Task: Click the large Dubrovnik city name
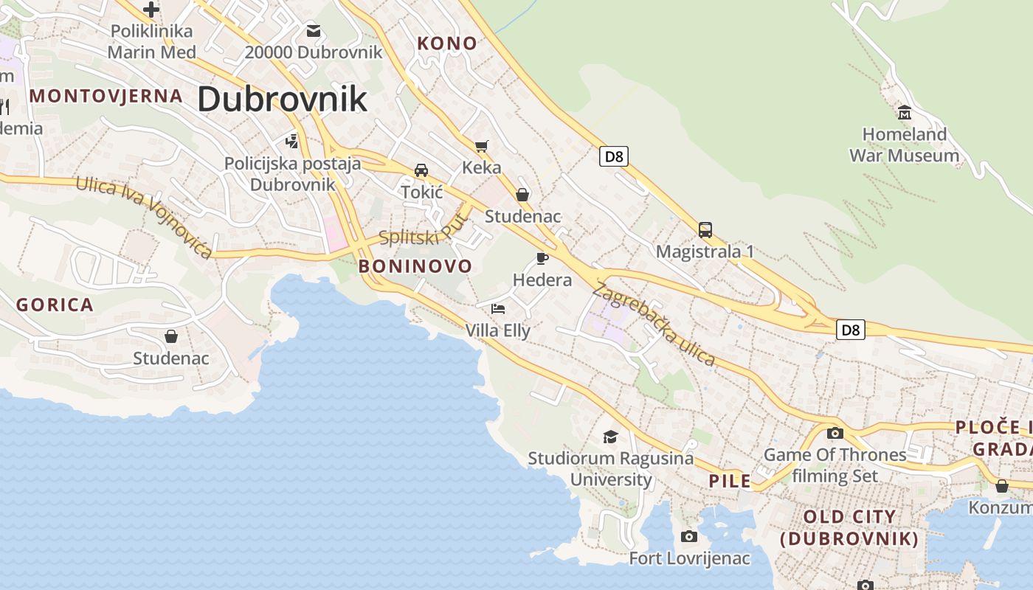point(282,99)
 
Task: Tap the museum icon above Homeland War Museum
point(905,113)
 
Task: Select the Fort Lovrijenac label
point(689,558)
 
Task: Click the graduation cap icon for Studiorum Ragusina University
point(610,437)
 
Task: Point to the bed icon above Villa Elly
point(498,308)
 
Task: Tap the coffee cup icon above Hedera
point(542,258)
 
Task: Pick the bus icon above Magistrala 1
point(705,229)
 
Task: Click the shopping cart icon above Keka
point(482,146)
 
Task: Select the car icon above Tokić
point(421,170)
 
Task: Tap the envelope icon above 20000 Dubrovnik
point(314,30)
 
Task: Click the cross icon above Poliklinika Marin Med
point(151,10)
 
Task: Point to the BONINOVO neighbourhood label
point(415,266)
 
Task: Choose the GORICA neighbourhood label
point(55,305)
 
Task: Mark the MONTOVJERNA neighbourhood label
point(106,95)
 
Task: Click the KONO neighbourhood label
point(447,44)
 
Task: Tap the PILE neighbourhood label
point(730,482)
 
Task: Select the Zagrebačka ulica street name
point(654,324)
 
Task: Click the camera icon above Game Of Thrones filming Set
point(835,433)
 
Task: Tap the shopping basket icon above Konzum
point(1002,486)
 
